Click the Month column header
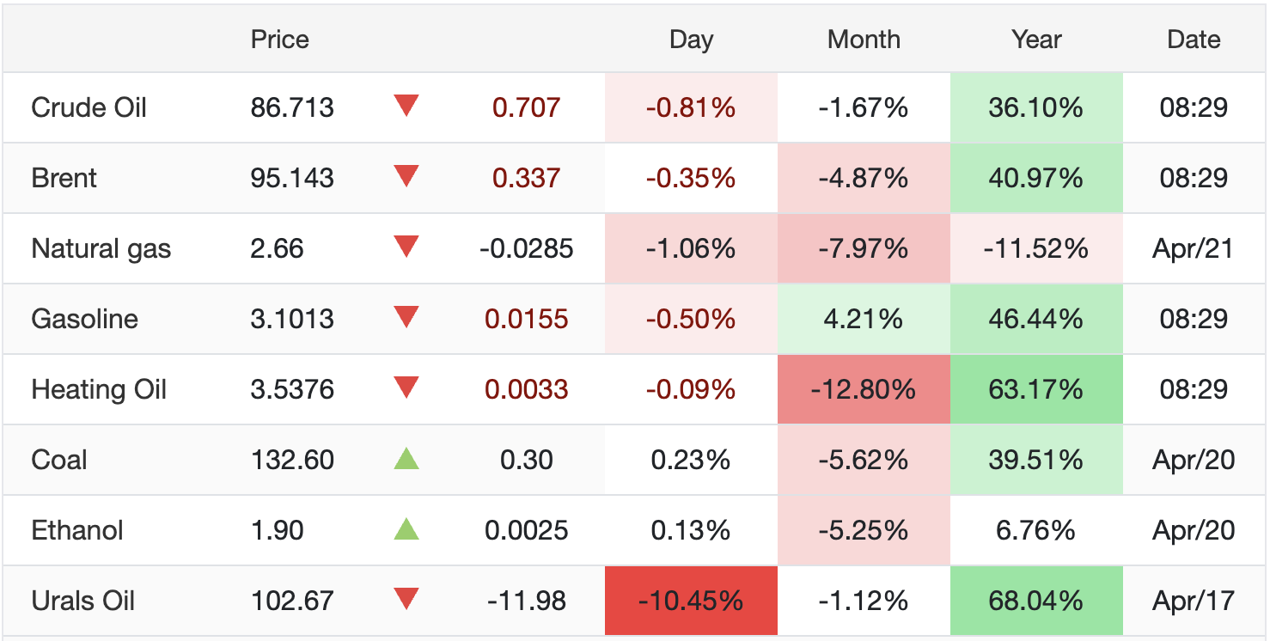pyautogui.click(x=864, y=40)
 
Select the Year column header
pyautogui.click(x=1036, y=40)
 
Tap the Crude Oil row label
pyautogui.click(x=89, y=107)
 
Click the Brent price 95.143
pyautogui.click(x=292, y=178)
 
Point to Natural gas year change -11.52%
pyautogui.click(x=1036, y=248)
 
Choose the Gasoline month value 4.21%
pyautogui.click(x=864, y=319)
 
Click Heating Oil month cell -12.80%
pyautogui.click(x=864, y=389)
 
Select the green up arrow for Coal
pyautogui.click(x=406, y=459)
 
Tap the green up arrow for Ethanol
pyautogui.click(x=406, y=529)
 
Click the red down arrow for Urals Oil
pyautogui.click(x=406, y=599)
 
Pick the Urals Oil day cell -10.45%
pyautogui.click(x=691, y=601)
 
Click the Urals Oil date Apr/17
pyautogui.click(x=1194, y=601)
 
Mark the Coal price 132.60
pyautogui.click(x=292, y=460)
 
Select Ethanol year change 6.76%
pyautogui.click(x=1036, y=530)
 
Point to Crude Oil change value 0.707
pyautogui.click(x=526, y=107)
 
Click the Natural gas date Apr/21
pyautogui.click(x=1194, y=248)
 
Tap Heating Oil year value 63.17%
pyautogui.click(x=1036, y=389)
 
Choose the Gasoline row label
pyautogui.click(x=84, y=319)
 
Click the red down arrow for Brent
pyautogui.click(x=406, y=177)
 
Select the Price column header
pyautogui.click(x=279, y=40)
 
